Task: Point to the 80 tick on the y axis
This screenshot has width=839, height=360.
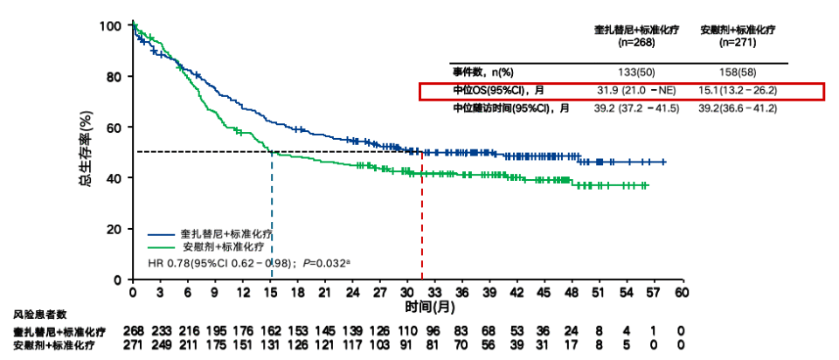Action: (114, 77)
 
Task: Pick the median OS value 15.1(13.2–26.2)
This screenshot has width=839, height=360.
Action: (738, 90)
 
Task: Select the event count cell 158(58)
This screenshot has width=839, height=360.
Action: (738, 72)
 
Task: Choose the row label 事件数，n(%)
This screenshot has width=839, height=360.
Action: (482, 72)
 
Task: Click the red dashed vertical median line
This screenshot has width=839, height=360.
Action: (423, 218)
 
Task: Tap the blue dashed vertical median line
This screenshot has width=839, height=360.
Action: (272, 218)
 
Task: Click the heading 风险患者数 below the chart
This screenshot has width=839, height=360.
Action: (39, 314)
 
